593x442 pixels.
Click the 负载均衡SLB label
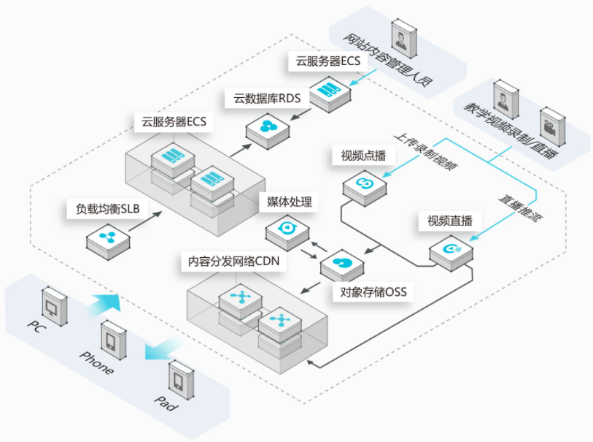[107, 209]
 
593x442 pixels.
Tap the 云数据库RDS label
[267, 99]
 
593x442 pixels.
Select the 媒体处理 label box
[290, 202]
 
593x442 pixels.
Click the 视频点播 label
[363, 156]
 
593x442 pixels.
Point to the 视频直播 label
[449, 221]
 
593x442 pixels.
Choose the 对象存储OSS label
[373, 292]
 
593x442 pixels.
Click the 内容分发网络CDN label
[233, 262]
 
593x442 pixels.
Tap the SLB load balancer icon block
[108, 241]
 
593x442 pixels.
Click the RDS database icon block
[268, 130]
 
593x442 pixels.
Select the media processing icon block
[287, 232]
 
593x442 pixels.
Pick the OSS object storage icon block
[342, 267]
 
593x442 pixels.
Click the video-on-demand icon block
[365, 188]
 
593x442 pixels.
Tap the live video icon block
[451, 253]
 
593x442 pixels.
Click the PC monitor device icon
[55, 307]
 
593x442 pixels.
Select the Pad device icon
[181, 381]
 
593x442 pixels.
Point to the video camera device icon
[553, 127]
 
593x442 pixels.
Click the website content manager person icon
[404, 38]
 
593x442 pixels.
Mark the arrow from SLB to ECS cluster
[145, 221]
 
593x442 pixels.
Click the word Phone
[96, 363]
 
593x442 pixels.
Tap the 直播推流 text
[520, 208]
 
